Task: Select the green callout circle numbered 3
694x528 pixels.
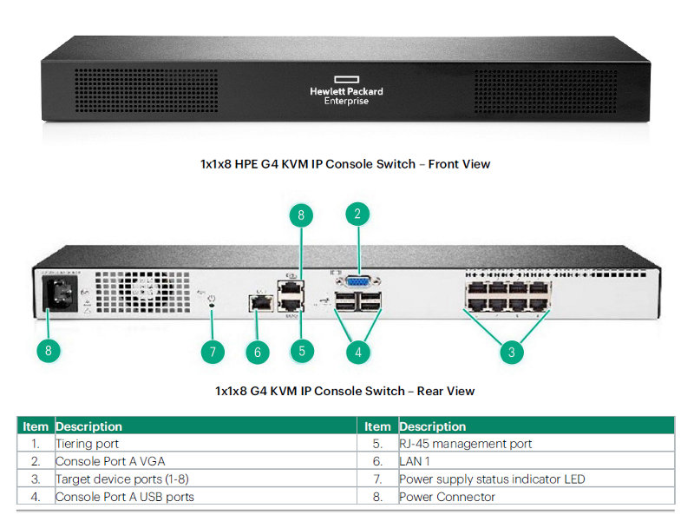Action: pos(512,351)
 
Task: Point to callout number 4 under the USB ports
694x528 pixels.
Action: pos(357,352)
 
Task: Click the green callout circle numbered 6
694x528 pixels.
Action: pos(257,352)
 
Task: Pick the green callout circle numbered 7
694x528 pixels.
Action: pos(212,352)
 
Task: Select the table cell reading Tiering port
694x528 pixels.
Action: pos(88,444)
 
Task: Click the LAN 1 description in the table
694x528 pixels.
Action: pos(415,461)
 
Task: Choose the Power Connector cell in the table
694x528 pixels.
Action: pos(447,497)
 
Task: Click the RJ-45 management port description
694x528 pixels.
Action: pos(465,444)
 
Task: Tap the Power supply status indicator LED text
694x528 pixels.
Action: pos(492,479)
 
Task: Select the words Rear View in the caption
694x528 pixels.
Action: pos(445,391)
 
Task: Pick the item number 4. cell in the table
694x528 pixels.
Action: pos(36,497)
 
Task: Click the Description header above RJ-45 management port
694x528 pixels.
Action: pos(433,426)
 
